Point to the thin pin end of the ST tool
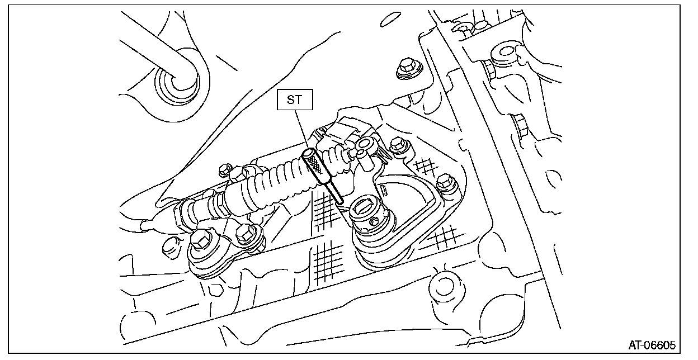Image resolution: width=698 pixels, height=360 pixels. click(337, 194)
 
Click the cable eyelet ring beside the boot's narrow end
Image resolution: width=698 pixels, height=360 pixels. click(364, 145)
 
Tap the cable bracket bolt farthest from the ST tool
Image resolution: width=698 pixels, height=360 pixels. click(201, 242)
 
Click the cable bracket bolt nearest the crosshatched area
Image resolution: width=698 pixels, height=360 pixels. click(245, 231)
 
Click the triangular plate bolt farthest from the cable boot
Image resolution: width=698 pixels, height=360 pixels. click(445, 182)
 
